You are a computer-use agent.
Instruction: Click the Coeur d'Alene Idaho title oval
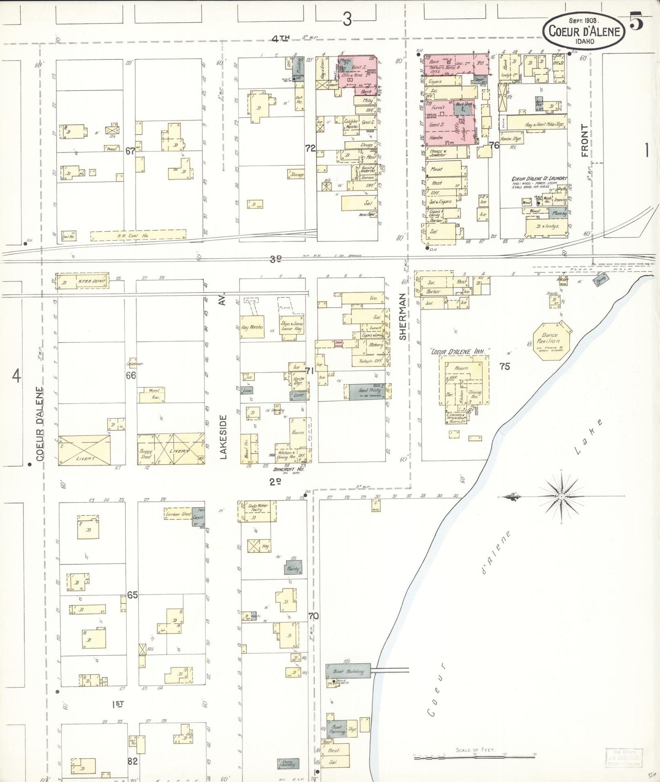click(584, 31)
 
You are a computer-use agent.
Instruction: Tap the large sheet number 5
click(636, 21)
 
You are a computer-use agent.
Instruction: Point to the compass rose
click(561, 496)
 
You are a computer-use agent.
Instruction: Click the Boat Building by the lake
click(348, 671)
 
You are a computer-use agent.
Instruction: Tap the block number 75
click(504, 366)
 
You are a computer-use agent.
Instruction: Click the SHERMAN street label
click(402, 317)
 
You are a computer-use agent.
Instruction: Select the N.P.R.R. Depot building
click(83, 281)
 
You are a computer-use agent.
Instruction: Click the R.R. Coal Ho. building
click(138, 235)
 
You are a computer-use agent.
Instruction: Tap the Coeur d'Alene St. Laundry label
click(539, 179)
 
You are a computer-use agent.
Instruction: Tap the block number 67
click(131, 151)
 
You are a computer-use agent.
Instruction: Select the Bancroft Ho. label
click(285, 469)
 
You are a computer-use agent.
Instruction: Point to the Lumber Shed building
click(178, 514)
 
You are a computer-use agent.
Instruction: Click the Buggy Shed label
click(146, 454)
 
